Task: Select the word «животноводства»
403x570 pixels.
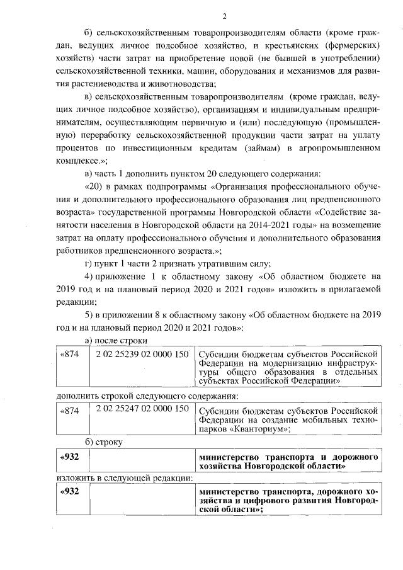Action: tap(181, 84)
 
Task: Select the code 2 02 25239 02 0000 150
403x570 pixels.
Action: tap(143, 354)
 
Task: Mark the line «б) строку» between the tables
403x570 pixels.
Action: tap(104, 442)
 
